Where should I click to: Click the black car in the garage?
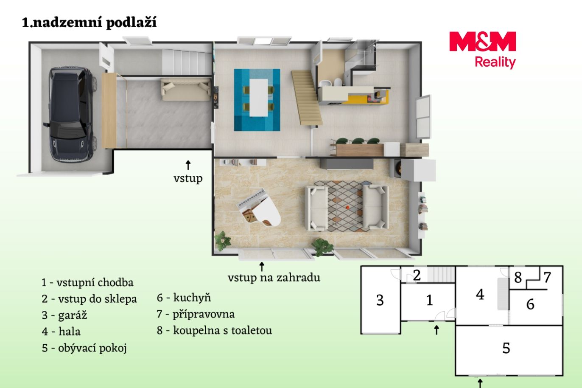pyautogui.click(x=71, y=114)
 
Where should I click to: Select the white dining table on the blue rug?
pyautogui.click(x=259, y=98)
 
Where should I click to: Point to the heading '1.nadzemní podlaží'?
pyautogui.click(x=89, y=22)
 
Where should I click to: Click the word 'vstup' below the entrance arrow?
pyautogui.click(x=188, y=178)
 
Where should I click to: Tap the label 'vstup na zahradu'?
pyautogui.click(x=274, y=278)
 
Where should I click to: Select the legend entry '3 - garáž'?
pyautogui.click(x=64, y=315)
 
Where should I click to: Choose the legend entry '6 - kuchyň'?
pyautogui.click(x=184, y=298)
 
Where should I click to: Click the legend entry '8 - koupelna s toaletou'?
pyautogui.click(x=214, y=330)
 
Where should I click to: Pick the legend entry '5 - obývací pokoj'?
pyautogui.click(x=84, y=348)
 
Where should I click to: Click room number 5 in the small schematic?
pyautogui.click(x=506, y=348)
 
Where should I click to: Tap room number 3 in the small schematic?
pyautogui.click(x=380, y=300)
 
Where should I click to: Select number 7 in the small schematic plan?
pyautogui.click(x=547, y=277)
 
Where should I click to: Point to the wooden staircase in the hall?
pyautogui.click(x=307, y=98)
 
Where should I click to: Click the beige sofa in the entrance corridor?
pyautogui.click(x=186, y=89)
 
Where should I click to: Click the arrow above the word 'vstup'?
pyautogui.click(x=188, y=165)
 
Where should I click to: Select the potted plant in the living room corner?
pyautogui.click(x=223, y=241)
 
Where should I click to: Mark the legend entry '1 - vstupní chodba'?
pyautogui.click(x=87, y=282)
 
